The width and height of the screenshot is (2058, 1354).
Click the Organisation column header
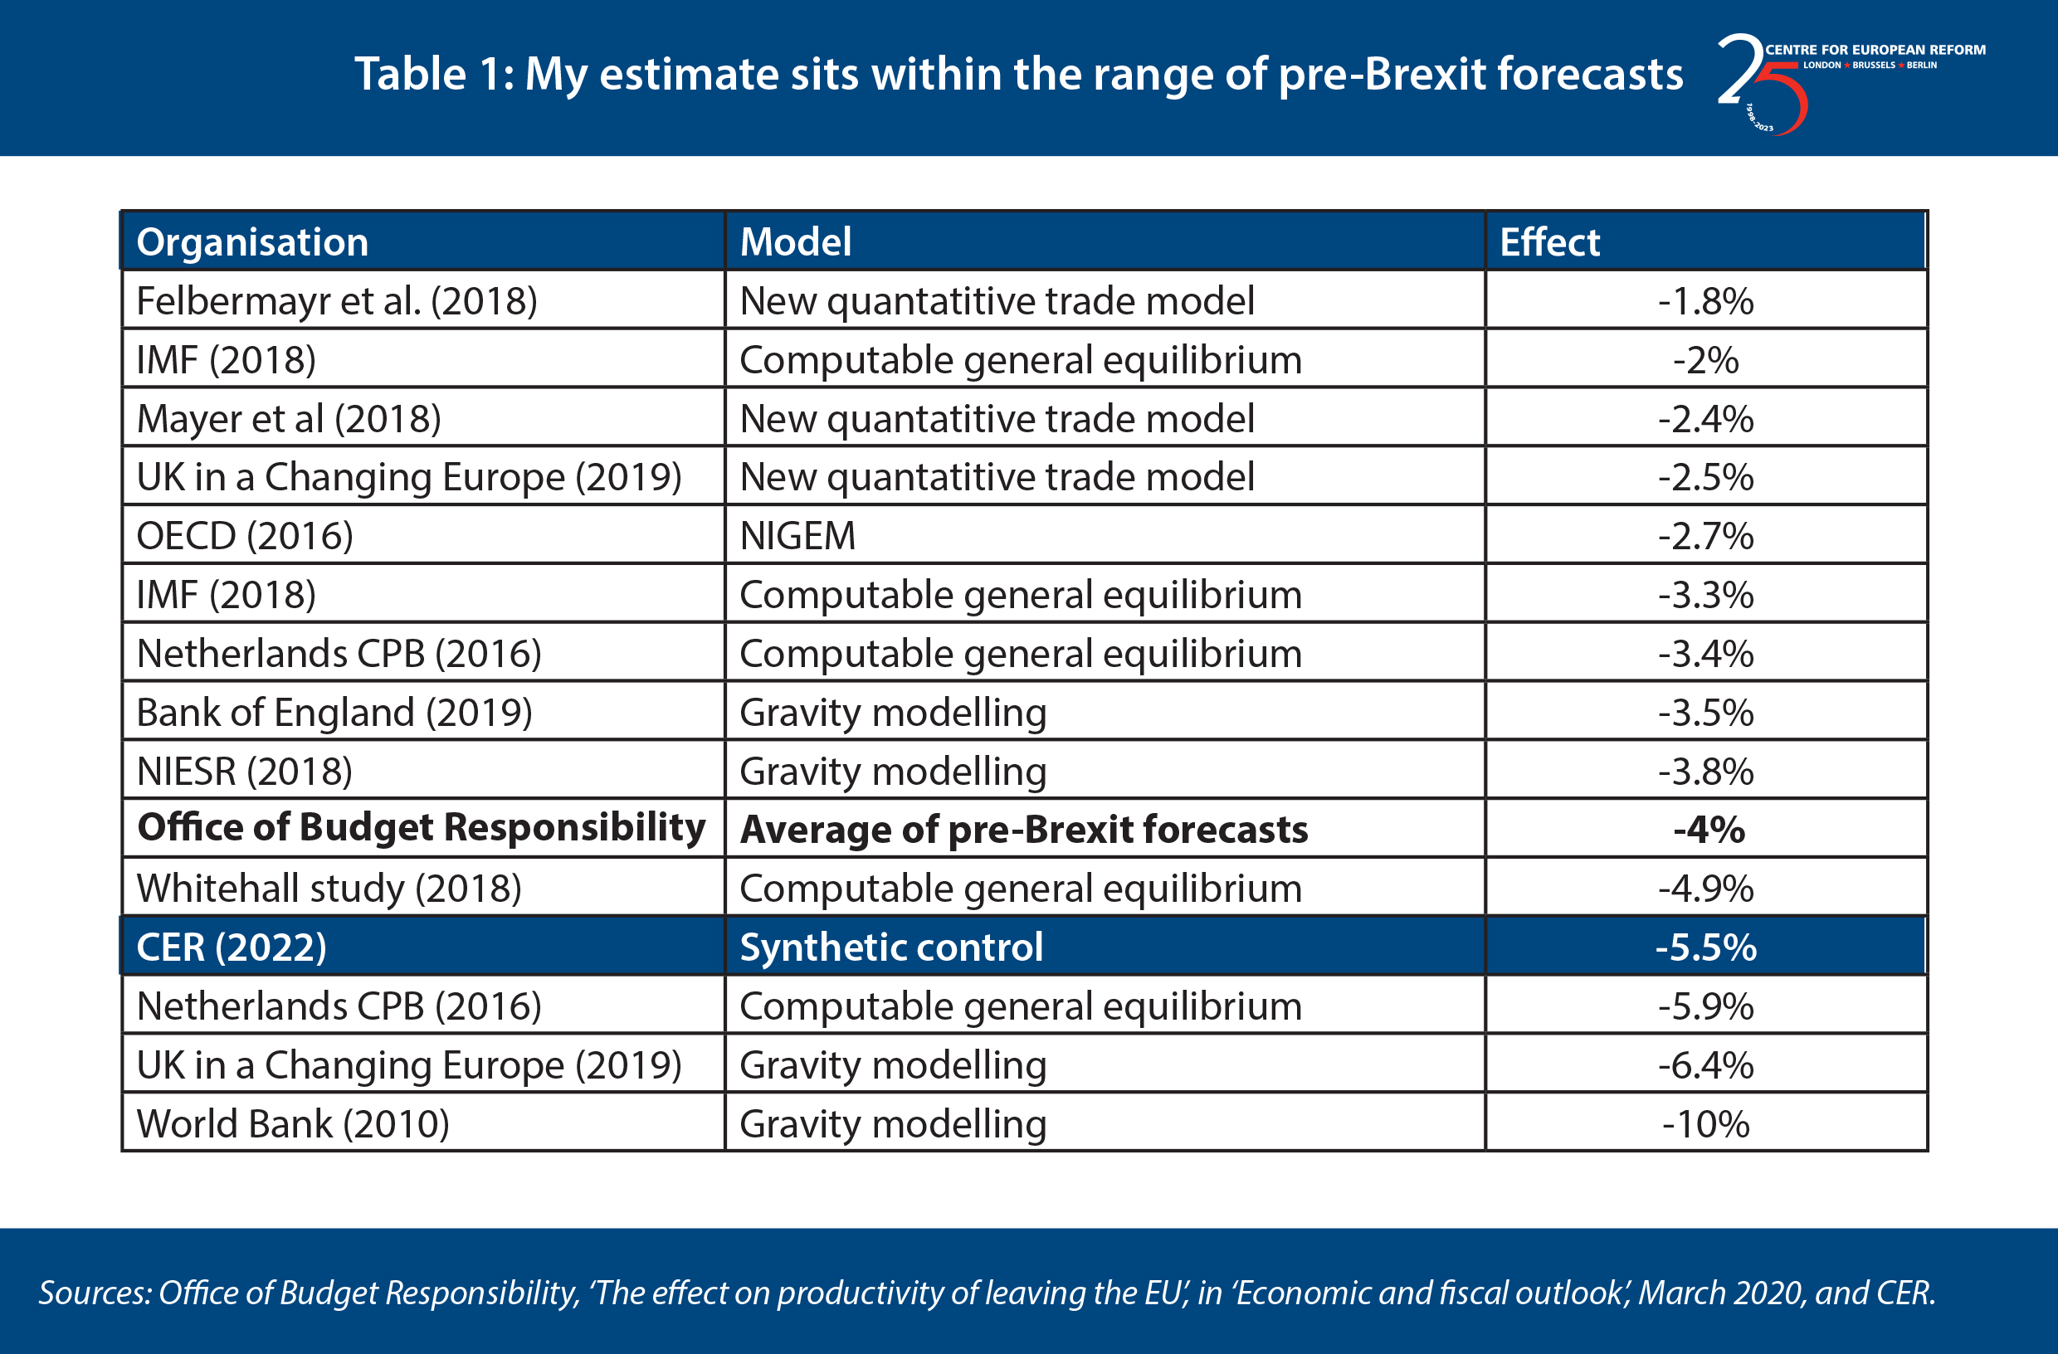(x=252, y=242)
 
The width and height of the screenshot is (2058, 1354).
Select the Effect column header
(x=1549, y=242)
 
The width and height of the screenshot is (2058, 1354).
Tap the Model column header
(x=796, y=242)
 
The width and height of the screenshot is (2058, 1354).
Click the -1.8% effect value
(x=1705, y=301)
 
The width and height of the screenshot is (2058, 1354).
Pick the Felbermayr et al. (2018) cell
(x=337, y=301)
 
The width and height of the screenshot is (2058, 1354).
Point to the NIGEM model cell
(x=797, y=536)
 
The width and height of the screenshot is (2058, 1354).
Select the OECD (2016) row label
(x=245, y=536)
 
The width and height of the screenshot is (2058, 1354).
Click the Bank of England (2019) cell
(x=334, y=713)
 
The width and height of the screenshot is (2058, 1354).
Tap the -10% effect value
(x=1705, y=1124)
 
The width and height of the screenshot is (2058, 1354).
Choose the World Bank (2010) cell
(x=293, y=1124)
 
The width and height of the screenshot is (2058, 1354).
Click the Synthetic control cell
(x=891, y=947)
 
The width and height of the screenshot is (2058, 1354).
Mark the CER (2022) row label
(x=232, y=947)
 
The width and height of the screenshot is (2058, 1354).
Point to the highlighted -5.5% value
(x=1705, y=947)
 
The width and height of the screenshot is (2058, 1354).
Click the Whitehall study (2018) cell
(x=329, y=889)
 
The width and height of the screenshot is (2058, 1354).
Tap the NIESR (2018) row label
(x=245, y=772)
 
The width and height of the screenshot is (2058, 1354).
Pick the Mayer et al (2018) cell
(x=289, y=418)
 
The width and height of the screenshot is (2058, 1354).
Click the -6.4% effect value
(x=1705, y=1065)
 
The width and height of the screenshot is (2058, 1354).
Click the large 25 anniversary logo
(x=1763, y=84)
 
